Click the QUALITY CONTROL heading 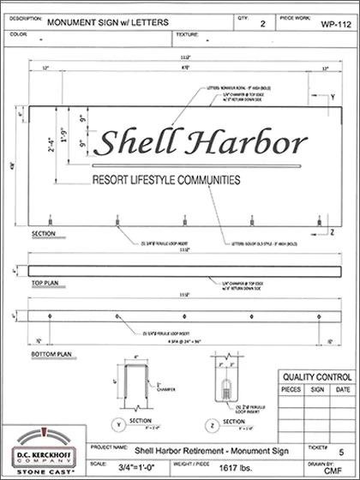pos(312,375)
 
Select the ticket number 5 pos(339,449)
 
